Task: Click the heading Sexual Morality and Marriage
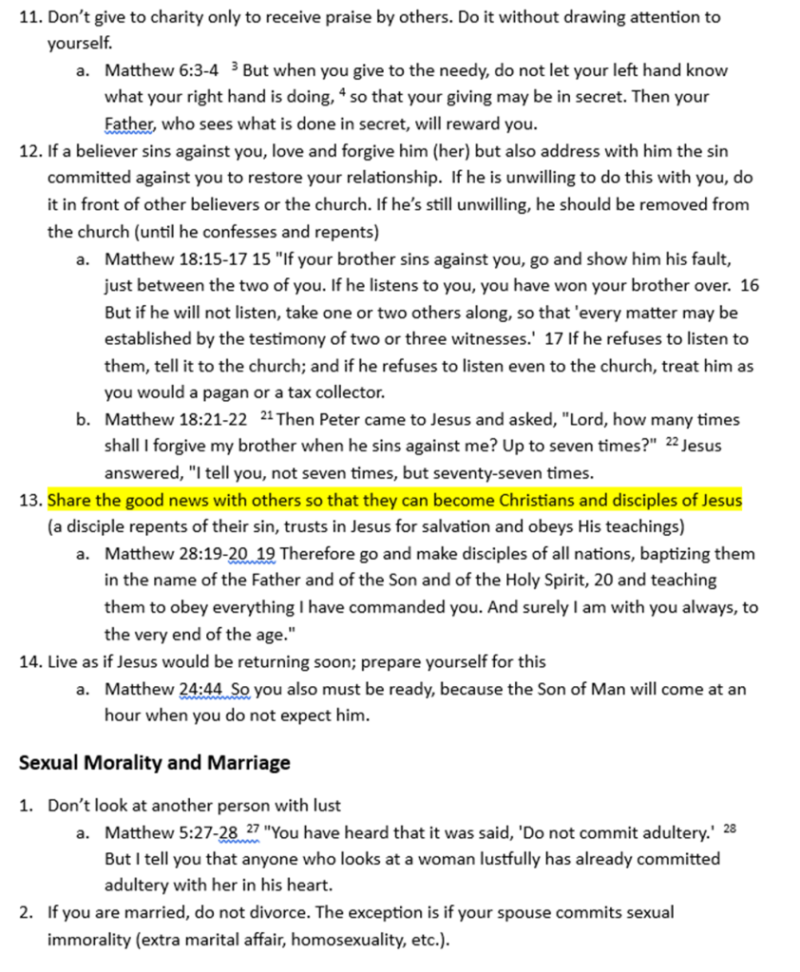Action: [x=155, y=763]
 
